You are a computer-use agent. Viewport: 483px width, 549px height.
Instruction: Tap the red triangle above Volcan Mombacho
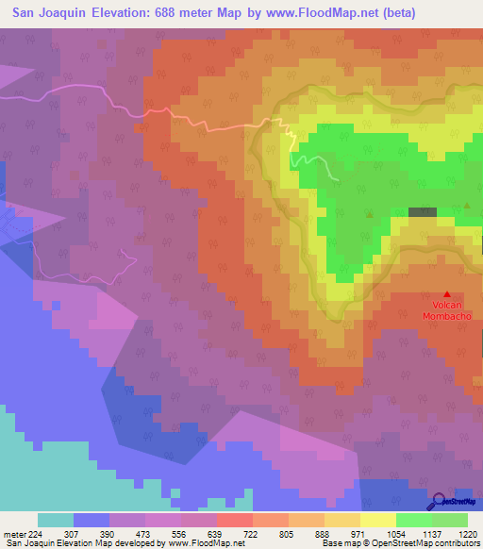tap(447, 294)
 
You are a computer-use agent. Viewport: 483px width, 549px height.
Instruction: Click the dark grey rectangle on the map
tap(423, 213)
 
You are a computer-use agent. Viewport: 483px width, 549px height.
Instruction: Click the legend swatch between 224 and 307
tap(56, 520)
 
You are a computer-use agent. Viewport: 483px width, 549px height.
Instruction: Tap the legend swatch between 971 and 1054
tap(378, 520)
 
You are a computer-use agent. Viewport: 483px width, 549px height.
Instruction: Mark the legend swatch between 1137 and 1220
tap(450, 520)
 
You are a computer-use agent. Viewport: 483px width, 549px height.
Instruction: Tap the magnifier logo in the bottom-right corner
tap(441, 501)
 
